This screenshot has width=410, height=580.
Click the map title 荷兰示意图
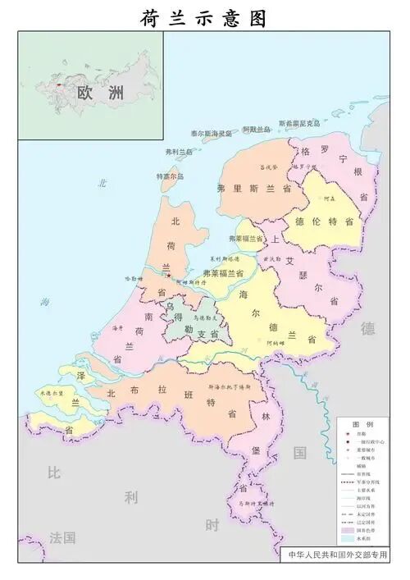pyautogui.click(x=204, y=17)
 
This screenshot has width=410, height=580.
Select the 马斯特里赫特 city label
pyautogui.click(x=253, y=502)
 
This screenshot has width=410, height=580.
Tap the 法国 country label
pyautogui.click(x=62, y=538)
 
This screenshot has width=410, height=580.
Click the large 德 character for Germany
pyautogui.click(x=367, y=329)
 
